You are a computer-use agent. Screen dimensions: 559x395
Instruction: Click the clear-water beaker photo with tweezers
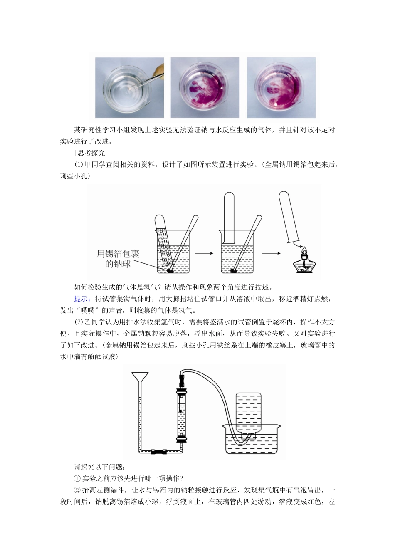point(129,88)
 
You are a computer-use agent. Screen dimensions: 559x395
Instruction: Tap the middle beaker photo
point(205,88)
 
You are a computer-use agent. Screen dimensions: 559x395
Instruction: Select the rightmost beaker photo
point(281,88)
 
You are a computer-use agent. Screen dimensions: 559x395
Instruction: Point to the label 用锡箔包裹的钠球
point(118,259)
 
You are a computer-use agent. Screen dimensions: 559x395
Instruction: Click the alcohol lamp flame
point(305,251)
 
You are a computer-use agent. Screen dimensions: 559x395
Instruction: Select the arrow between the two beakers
point(204,253)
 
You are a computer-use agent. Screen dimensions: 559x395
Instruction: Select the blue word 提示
point(81,299)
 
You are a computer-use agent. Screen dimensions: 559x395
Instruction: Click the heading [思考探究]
point(91,153)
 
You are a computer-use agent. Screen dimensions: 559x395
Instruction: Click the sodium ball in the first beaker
point(170,271)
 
